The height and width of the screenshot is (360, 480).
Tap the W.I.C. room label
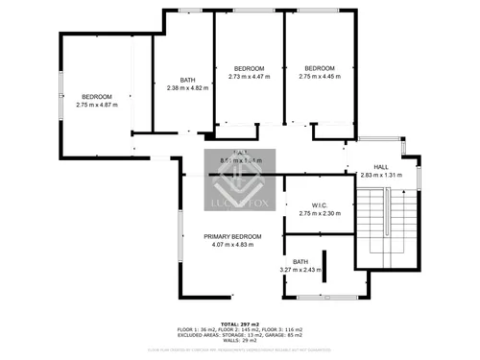321,204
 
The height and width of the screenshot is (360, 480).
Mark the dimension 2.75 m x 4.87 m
96,105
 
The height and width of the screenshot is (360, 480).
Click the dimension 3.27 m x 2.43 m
300,270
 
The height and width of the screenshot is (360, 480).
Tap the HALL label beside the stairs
381,167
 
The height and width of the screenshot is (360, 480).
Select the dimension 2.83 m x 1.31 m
381,176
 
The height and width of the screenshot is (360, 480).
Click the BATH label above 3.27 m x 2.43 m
300,261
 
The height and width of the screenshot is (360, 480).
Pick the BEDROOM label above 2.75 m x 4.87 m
96,96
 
